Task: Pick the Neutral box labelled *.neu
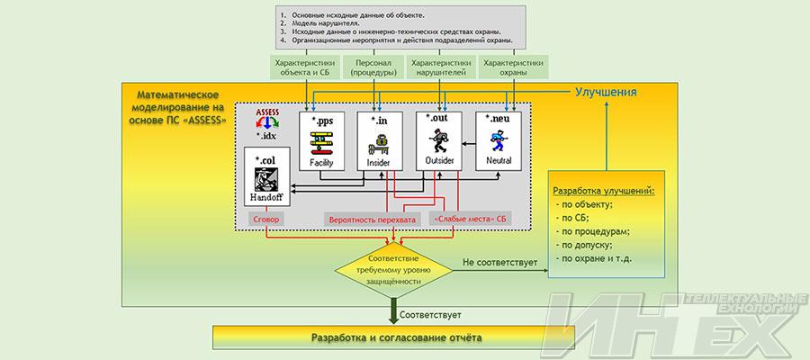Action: coord(499,140)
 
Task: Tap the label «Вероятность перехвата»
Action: coord(372,219)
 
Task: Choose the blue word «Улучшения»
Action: coord(607,93)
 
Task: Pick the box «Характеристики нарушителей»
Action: coord(440,69)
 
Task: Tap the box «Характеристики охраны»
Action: coord(513,69)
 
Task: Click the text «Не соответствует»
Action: coord(499,263)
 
